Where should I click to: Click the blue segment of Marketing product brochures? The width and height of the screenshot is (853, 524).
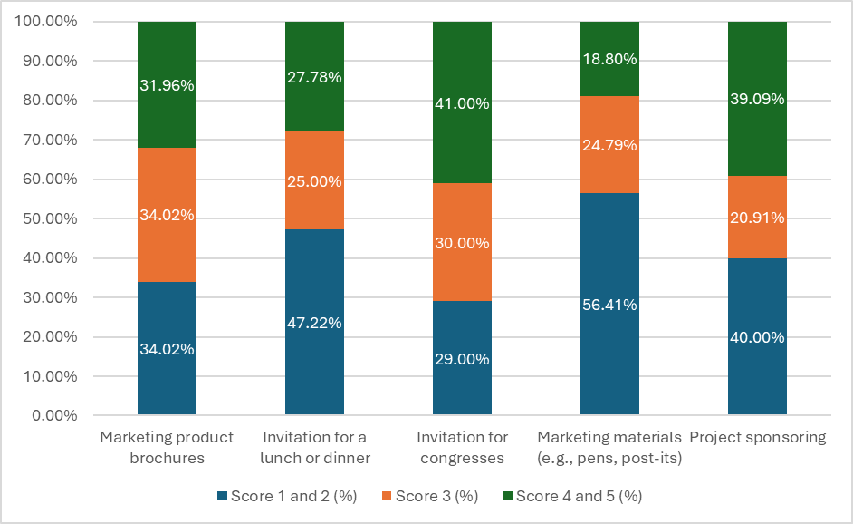coord(167,348)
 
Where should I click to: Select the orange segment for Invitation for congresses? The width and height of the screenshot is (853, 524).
coord(463,242)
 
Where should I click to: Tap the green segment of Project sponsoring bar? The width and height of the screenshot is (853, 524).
coord(757,99)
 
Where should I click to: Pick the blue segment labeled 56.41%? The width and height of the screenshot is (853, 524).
coord(609,304)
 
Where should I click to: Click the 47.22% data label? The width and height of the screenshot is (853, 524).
coord(314,323)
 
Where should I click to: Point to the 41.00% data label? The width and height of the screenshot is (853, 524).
coord(463,103)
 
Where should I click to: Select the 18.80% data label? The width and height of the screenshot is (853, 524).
coord(609,59)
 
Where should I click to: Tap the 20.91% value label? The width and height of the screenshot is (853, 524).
coord(757,218)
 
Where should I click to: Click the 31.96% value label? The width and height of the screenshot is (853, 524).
coord(167,85)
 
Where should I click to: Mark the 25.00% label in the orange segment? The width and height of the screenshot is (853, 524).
coord(314,180)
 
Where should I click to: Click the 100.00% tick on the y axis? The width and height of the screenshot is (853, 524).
coord(45,21)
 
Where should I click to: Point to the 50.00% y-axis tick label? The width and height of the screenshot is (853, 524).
coord(50,218)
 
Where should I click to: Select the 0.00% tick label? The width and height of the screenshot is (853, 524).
coord(54,415)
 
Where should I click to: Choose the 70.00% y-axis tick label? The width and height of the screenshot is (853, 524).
coord(50,140)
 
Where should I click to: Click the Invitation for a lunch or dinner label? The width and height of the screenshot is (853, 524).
coord(315,448)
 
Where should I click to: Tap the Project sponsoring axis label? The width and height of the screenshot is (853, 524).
coord(758,437)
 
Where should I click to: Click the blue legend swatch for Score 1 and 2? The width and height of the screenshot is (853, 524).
coord(222,496)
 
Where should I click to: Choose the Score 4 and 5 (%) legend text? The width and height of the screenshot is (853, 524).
coord(580,496)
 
